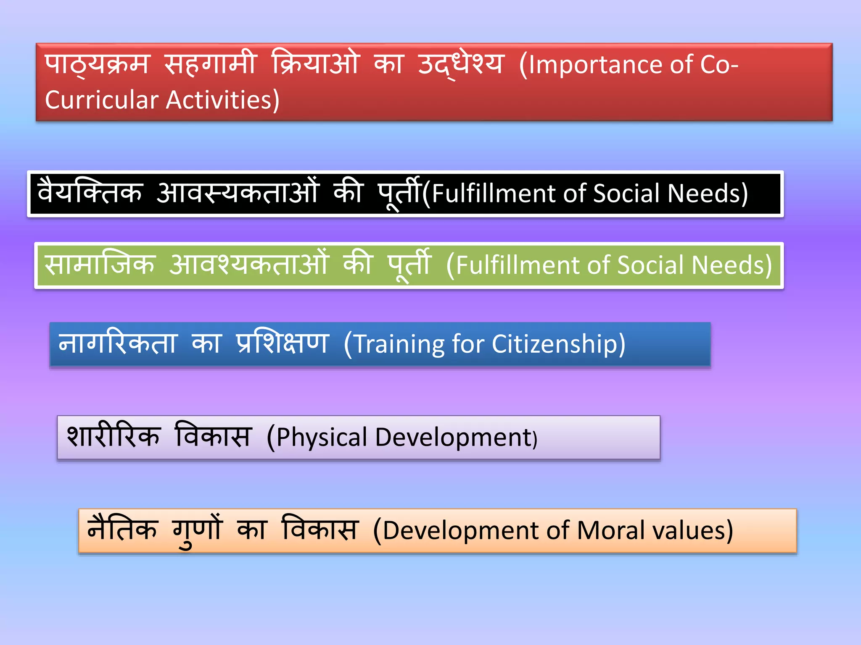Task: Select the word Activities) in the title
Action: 223,100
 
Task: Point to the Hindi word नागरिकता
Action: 118,344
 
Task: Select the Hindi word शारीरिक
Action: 114,436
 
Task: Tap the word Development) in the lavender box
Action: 456,437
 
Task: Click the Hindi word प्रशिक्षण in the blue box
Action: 283,344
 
